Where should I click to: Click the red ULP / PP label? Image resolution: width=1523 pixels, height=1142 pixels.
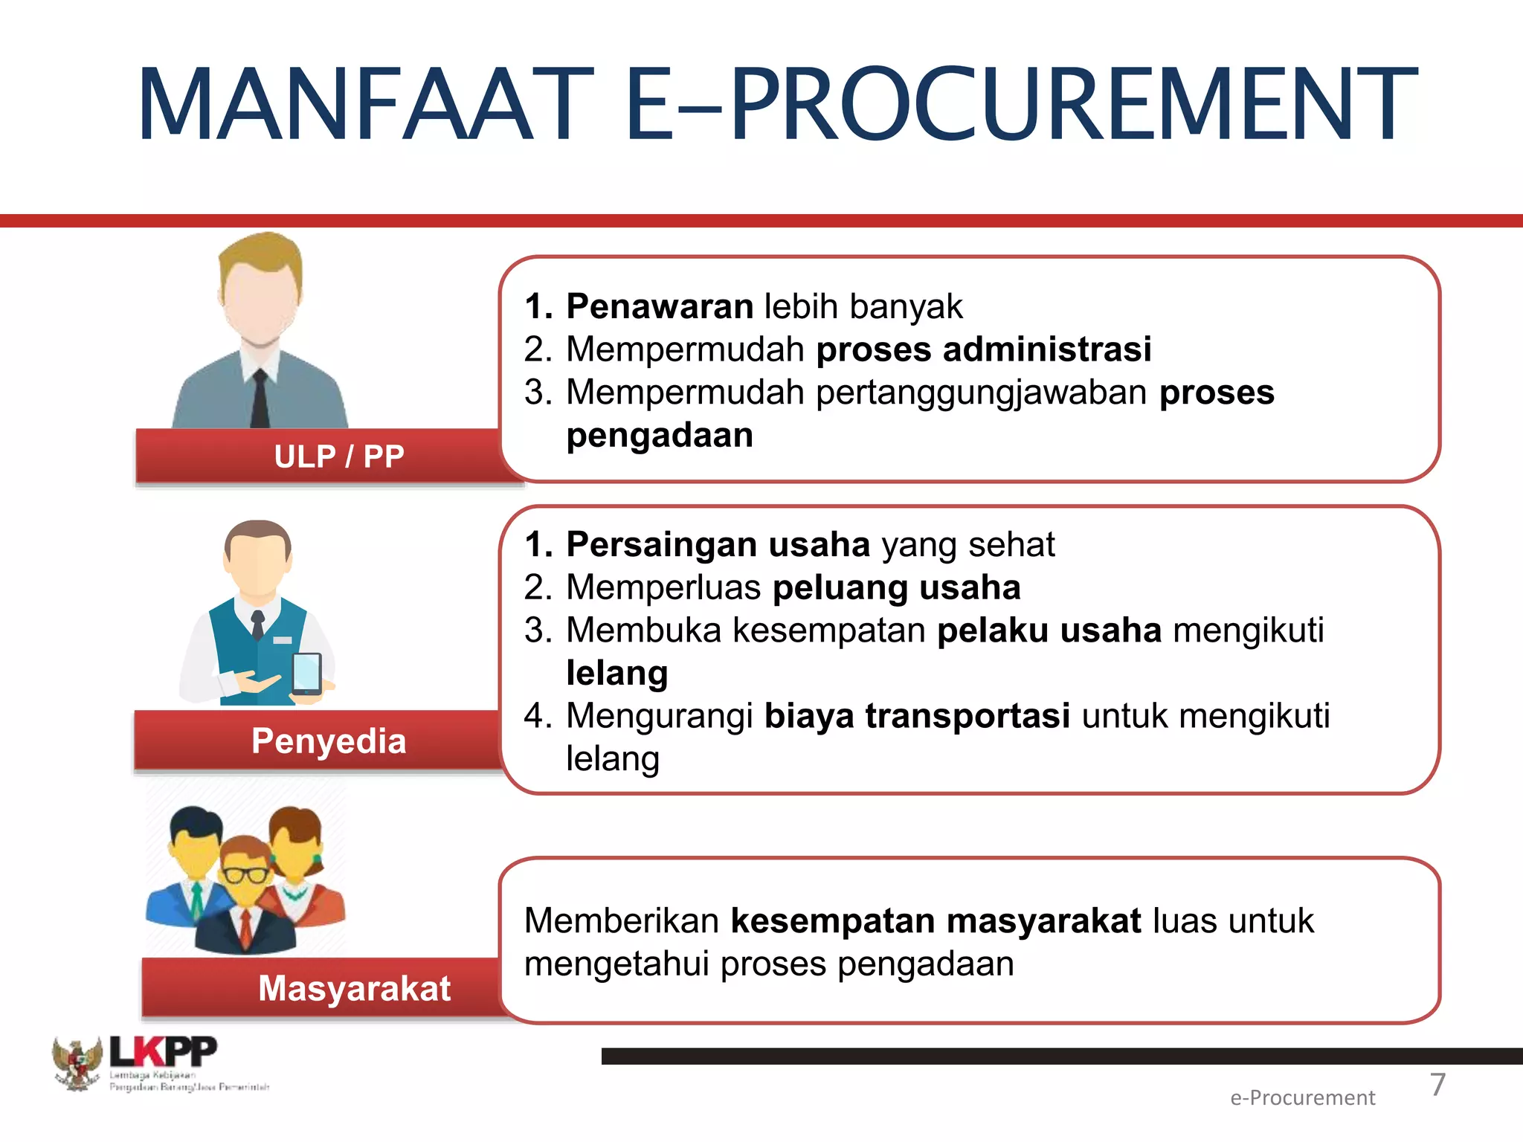(339, 457)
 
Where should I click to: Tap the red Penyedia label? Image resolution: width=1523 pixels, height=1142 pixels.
(329, 741)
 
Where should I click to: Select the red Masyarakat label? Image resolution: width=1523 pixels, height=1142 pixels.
(354, 989)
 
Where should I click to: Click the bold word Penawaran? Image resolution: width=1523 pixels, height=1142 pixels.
(660, 306)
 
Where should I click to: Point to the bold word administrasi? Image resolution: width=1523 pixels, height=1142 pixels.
(1047, 349)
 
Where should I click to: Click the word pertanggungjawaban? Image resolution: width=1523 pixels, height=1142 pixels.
(982, 393)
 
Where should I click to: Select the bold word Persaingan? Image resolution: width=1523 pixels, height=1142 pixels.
(660, 545)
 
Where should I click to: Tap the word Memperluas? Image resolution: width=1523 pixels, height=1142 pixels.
(663, 587)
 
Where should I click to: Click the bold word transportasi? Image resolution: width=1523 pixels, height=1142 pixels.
(967, 716)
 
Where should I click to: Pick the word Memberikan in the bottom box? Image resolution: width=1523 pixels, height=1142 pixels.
(621, 921)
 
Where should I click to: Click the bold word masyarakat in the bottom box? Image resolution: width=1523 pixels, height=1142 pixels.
(1043, 921)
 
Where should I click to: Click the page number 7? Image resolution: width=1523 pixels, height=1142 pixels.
(1437, 1084)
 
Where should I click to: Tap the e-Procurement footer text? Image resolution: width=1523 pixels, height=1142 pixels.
(1302, 1098)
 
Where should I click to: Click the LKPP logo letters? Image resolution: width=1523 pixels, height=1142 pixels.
(164, 1052)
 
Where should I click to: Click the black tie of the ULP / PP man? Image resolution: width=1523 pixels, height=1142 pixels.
(260, 398)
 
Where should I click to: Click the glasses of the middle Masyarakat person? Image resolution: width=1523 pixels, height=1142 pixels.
(245, 875)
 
